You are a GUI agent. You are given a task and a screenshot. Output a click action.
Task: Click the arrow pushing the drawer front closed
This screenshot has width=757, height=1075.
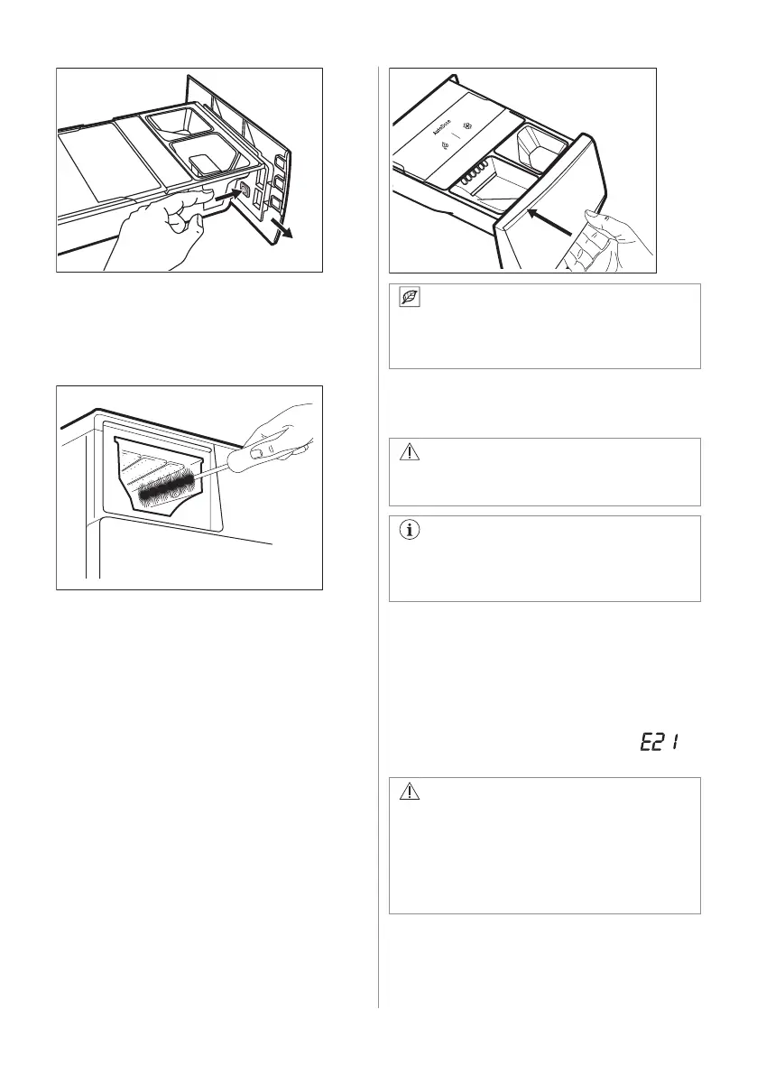pyautogui.click(x=550, y=224)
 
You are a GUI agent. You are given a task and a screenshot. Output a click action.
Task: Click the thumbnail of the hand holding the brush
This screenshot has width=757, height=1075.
pyautogui.click(x=257, y=450)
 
